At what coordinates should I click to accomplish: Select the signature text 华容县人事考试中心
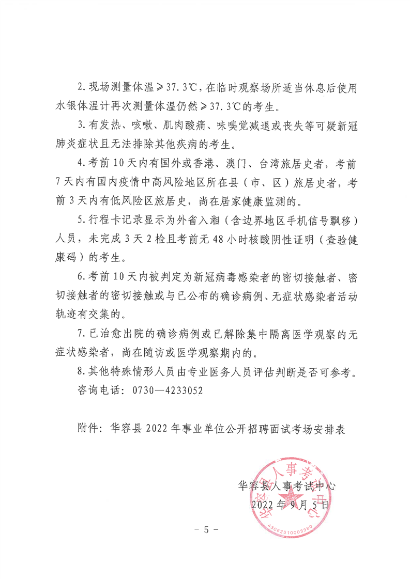tap(287, 486)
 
